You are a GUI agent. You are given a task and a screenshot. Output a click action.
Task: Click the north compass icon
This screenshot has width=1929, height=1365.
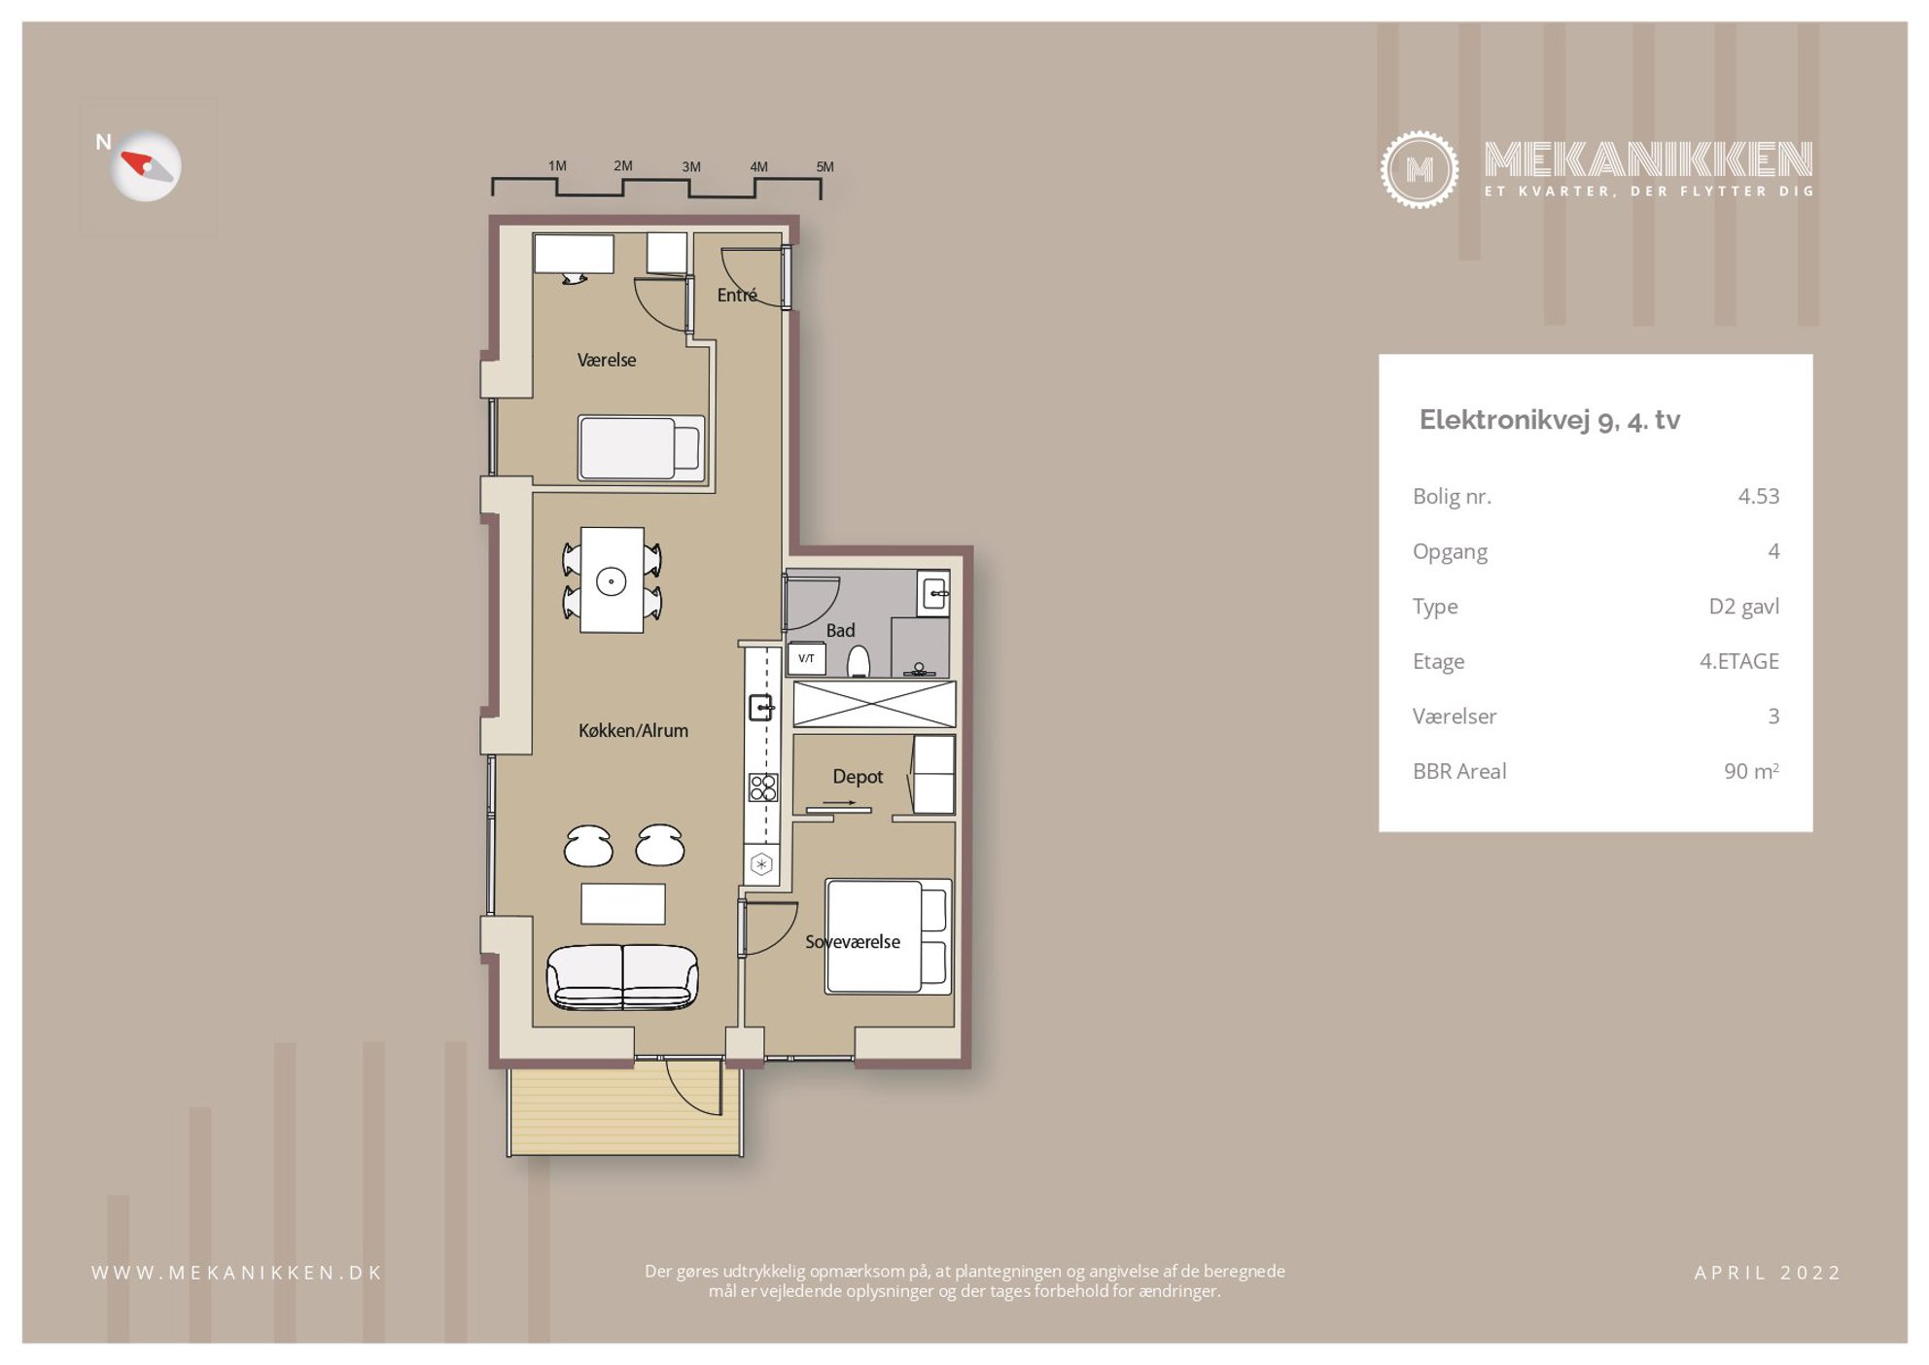pyautogui.click(x=146, y=166)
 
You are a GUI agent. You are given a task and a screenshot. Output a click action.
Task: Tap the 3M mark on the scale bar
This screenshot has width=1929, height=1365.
pyautogui.click(x=691, y=167)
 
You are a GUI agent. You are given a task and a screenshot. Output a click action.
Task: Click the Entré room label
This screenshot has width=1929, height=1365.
pyautogui.click(x=737, y=295)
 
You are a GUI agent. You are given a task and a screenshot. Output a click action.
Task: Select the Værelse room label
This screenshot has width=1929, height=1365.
pyautogui.click(x=607, y=360)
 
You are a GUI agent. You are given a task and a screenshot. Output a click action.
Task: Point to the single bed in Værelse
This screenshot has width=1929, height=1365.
pyautogui.click(x=641, y=448)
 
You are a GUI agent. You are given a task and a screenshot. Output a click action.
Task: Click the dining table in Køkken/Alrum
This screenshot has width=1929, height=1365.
pyautogui.click(x=612, y=580)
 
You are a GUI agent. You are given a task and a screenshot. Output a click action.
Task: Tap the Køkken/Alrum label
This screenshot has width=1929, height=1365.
pyautogui.click(x=633, y=730)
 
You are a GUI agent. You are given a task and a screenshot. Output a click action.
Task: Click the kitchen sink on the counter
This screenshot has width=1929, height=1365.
pyautogui.click(x=761, y=707)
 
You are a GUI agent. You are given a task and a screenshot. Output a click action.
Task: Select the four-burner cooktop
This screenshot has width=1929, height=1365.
pyautogui.click(x=763, y=787)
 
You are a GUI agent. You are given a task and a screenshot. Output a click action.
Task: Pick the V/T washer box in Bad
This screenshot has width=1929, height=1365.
pyautogui.click(x=806, y=658)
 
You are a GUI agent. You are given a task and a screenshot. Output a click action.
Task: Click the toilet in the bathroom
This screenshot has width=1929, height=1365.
pyautogui.click(x=858, y=662)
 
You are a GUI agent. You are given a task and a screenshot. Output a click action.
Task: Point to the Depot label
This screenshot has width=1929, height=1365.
pyautogui.click(x=858, y=777)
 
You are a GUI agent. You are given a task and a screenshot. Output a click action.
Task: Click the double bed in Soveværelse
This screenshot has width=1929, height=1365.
pyautogui.click(x=888, y=937)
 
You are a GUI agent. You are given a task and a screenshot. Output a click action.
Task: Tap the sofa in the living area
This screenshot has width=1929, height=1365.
pyautogui.click(x=622, y=977)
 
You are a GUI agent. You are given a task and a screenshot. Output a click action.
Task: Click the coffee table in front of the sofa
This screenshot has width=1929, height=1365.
pyautogui.click(x=623, y=904)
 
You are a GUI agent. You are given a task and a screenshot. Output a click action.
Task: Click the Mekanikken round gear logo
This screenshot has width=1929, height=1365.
pyautogui.click(x=1420, y=170)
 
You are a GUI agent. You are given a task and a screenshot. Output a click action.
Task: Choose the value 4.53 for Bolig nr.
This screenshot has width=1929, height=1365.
pyautogui.click(x=1759, y=496)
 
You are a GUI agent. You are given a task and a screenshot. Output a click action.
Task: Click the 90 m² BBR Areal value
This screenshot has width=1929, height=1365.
pyautogui.click(x=1751, y=771)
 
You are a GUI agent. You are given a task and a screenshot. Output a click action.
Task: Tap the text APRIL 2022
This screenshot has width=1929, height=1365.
pyautogui.click(x=1768, y=1273)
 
